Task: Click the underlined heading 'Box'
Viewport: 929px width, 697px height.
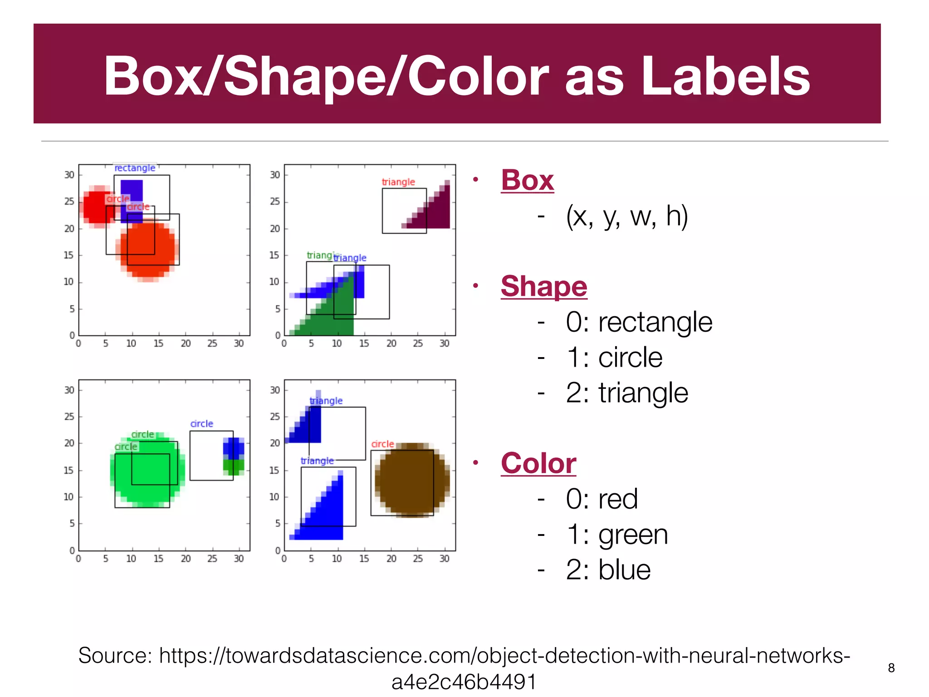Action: tap(527, 180)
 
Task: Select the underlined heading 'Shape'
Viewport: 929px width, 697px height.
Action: tap(543, 286)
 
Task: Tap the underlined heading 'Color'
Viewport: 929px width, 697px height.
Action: tap(538, 463)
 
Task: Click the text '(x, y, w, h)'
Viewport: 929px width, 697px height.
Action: tap(626, 216)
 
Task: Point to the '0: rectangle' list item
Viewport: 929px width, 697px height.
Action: tap(639, 322)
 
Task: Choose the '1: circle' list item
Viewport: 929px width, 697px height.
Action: tap(614, 358)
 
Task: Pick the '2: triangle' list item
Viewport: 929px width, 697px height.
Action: tap(626, 393)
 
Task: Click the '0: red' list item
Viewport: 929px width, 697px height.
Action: tap(601, 499)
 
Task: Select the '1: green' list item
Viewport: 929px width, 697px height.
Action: tap(616, 535)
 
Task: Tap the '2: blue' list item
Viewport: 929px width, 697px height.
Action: tap(608, 570)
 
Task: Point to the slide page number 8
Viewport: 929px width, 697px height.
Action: tap(891, 668)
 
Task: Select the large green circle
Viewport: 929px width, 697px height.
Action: tap(147, 472)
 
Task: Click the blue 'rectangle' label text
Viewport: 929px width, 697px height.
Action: tap(135, 168)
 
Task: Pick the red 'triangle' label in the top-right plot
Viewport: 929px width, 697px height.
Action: tap(398, 182)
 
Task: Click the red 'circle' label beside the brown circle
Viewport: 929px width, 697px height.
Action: tap(382, 444)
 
